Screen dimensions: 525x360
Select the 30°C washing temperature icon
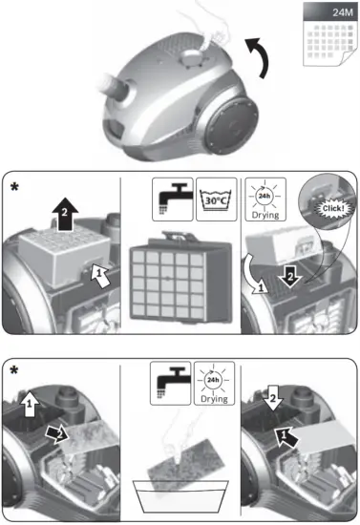(217, 199)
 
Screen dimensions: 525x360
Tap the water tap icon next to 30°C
(173, 199)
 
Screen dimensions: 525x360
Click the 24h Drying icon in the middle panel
(264, 199)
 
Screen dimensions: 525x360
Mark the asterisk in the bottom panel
(15, 370)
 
